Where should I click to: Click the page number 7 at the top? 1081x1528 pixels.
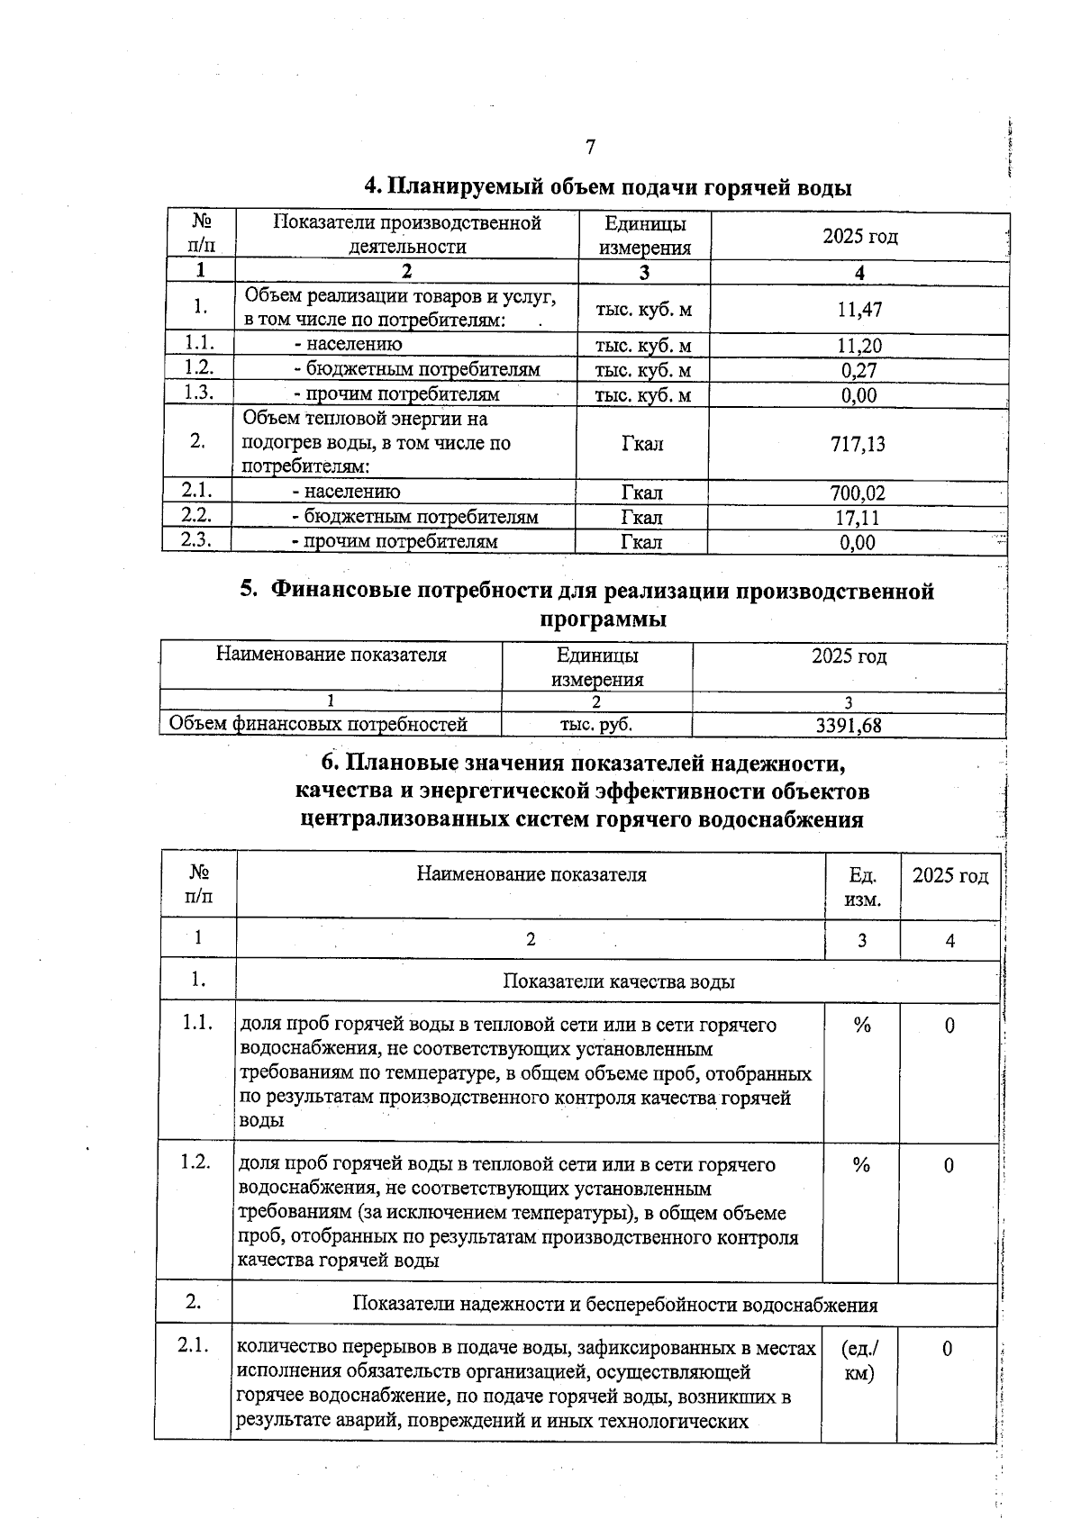[x=590, y=147]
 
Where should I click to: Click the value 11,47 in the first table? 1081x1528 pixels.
[x=859, y=310]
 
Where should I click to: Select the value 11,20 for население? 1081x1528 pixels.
[x=859, y=346]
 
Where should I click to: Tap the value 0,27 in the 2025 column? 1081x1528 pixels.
[x=859, y=370]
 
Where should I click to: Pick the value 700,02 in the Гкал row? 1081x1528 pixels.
[x=858, y=493]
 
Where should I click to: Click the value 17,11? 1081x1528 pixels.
[x=858, y=518]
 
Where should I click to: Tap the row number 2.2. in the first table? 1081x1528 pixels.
[x=195, y=515]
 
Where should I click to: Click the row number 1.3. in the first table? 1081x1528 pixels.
[x=198, y=392]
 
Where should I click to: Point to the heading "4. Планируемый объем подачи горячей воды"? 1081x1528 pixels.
[x=608, y=187]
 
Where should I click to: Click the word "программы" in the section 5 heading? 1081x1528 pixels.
[x=603, y=619]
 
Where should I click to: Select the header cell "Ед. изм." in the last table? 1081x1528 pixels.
[x=863, y=887]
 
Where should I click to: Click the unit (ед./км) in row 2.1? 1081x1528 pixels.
[x=859, y=1361]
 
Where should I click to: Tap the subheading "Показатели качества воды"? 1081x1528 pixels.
[x=618, y=981]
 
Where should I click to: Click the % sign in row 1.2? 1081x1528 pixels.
[x=861, y=1165]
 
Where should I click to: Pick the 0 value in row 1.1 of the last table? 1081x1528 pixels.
[x=949, y=1026]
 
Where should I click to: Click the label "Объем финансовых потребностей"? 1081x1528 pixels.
[x=318, y=724]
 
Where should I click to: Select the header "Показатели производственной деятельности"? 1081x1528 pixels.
[x=407, y=234]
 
